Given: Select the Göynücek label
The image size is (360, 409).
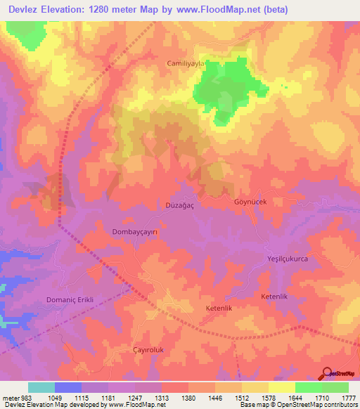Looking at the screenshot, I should coord(250,202).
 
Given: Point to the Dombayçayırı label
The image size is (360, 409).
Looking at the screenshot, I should coord(138,231).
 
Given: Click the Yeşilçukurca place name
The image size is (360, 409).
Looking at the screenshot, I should coord(288,259).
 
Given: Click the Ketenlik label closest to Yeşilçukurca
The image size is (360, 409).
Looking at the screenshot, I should coord(276,298).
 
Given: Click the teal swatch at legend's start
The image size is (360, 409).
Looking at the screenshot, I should coord(41,387).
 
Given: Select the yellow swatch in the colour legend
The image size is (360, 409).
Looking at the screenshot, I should coord(282,387).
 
